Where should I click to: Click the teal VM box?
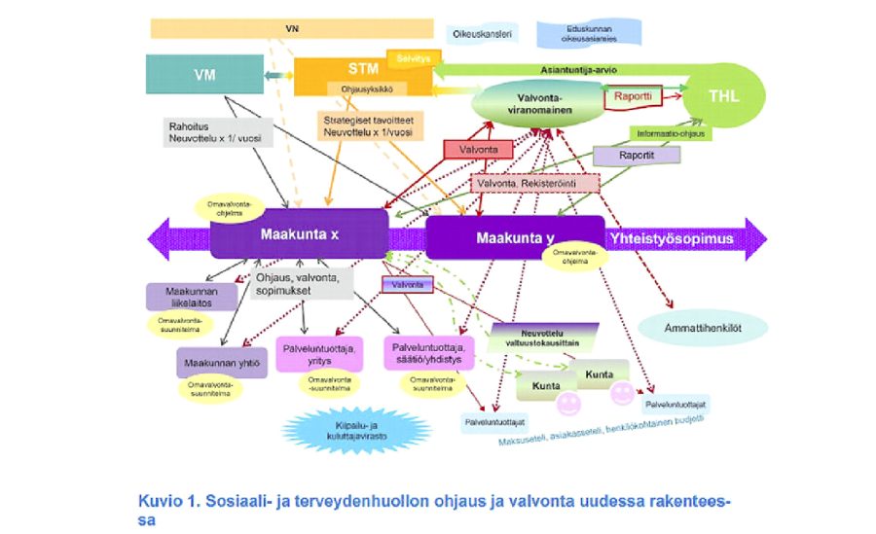(204, 75)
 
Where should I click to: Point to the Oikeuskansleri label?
(482, 34)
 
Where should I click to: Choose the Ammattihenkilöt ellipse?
(703, 327)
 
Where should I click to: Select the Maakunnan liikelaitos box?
(192, 296)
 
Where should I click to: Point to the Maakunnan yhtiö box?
(221, 363)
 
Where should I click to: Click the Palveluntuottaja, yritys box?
(319, 352)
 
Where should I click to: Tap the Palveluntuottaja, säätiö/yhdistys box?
(431, 352)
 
